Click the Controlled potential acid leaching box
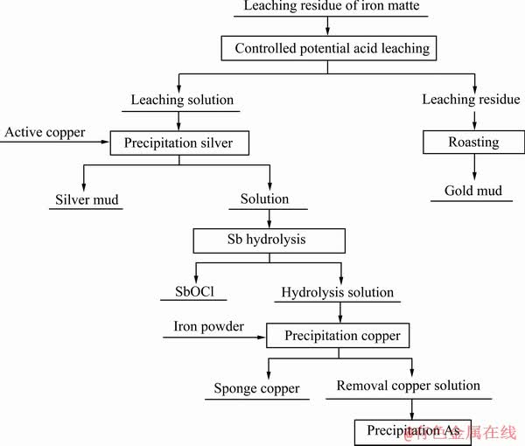click(x=329, y=48)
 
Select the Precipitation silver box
click(x=179, y=143)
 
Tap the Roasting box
click(x=473, y=142)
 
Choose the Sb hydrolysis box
click(x=269, y=240)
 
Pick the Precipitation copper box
click(x=338, y=335)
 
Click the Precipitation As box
click(x=413, y=432)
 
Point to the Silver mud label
click(x=87, y=199)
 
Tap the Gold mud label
click(x=473, y=191)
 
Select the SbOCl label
click(x=194, y=291)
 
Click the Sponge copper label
click(x=256, y=389)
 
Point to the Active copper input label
click(x=45, y=133)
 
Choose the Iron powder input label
click(x=208, y=326)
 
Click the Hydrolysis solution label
click(x=338, y=293)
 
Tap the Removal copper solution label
click(x=408, y=386)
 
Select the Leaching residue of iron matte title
click(x=332, y=6)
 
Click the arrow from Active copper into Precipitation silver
click(x=55, y=142)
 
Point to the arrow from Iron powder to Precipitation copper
click(x=214, y=338)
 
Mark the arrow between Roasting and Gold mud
click(x=474, y=167)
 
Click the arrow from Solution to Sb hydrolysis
click(x=269, y=219)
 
